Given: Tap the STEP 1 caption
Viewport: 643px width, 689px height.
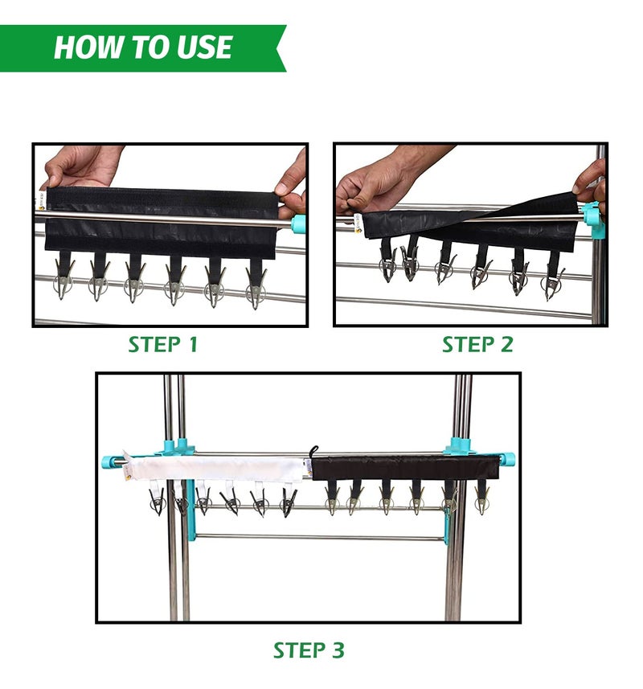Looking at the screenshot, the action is (162, 344).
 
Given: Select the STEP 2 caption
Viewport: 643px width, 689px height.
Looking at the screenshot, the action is (477, 344).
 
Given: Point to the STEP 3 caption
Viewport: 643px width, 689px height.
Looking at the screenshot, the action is (309, 650).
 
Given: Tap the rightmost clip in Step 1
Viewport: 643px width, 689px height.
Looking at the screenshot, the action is (256, 282).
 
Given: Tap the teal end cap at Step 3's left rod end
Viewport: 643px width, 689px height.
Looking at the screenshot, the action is (109, 462).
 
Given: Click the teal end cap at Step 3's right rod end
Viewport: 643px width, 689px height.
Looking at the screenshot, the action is (507, 459).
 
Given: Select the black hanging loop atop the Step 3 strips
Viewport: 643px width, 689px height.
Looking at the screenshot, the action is (313, 452).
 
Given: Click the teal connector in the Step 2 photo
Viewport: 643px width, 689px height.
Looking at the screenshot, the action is (594, 219).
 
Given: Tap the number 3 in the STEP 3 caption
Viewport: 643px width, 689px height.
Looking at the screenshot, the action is (338, 650).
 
